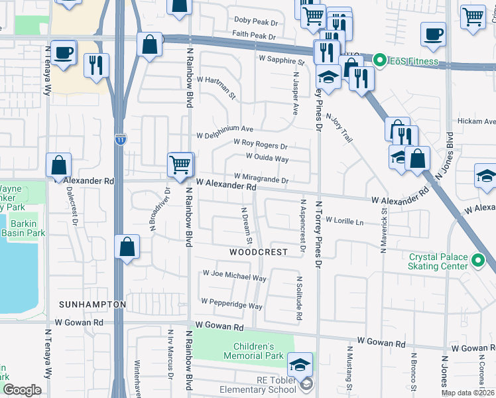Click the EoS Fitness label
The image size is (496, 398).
pyautogui.click(x=414, y=62)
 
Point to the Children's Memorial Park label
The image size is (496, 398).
pyautogui.click(x=263, y=352)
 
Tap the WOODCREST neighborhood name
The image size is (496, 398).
pyautogui.click(x=259, y=252)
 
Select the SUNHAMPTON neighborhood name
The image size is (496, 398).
pyautogui.click(x=92, y=304)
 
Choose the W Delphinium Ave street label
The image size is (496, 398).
pyautogui.click(x=225, y=129)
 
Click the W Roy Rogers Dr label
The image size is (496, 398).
pyautogui.click(x=261, y=143)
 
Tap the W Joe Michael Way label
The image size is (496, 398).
pyautogui.click(x=235, y=275)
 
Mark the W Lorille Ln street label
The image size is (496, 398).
pyautogui.click(x=345, y=222)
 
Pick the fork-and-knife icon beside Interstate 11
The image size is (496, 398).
pyautogui.click(x=97, y=65)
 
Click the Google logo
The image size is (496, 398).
pyautogui.click(x=21, y=390)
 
